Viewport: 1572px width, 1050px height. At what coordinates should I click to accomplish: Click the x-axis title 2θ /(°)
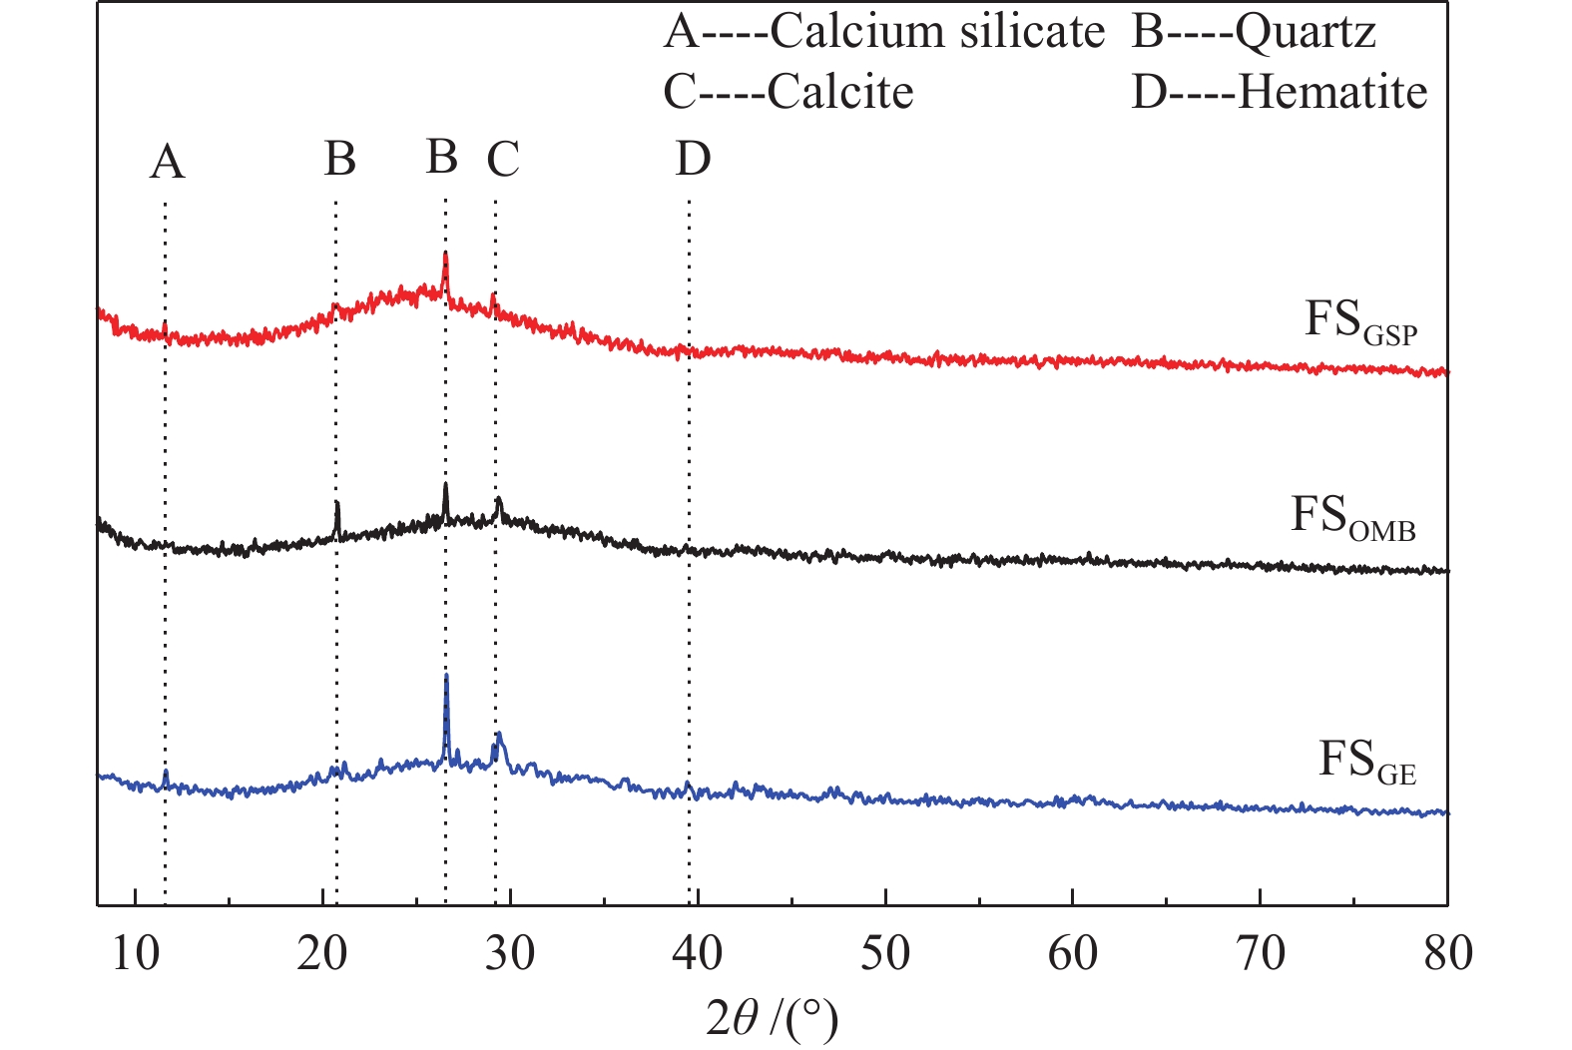pos(772,1018)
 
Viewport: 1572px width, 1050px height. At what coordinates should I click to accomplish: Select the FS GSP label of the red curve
pos(1360,323)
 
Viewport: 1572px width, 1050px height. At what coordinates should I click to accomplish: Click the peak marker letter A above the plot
pos(167,162)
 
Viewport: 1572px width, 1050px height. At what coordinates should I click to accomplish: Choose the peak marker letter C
pos(503,159)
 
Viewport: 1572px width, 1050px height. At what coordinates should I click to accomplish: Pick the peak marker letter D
pos(693,159)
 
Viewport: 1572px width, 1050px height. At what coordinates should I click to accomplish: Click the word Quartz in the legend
pos(1306,32)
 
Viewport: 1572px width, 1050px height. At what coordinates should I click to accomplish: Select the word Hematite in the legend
pos(1332,93)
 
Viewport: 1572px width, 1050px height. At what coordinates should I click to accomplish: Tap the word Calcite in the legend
pos(840,93)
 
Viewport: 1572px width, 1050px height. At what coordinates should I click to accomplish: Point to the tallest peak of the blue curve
pos(446,678)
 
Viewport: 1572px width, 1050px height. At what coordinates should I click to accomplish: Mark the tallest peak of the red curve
pos(445,256)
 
